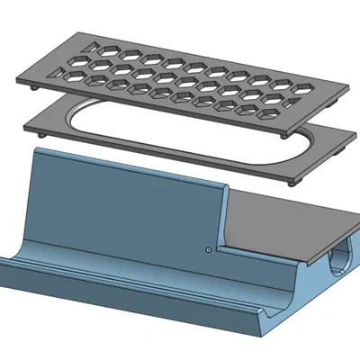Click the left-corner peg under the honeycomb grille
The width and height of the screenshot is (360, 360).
(x=34, y=89)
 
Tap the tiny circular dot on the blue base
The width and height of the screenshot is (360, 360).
(x=208, y=248)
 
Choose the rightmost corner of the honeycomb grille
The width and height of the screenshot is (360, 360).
(x=349, y=88)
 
